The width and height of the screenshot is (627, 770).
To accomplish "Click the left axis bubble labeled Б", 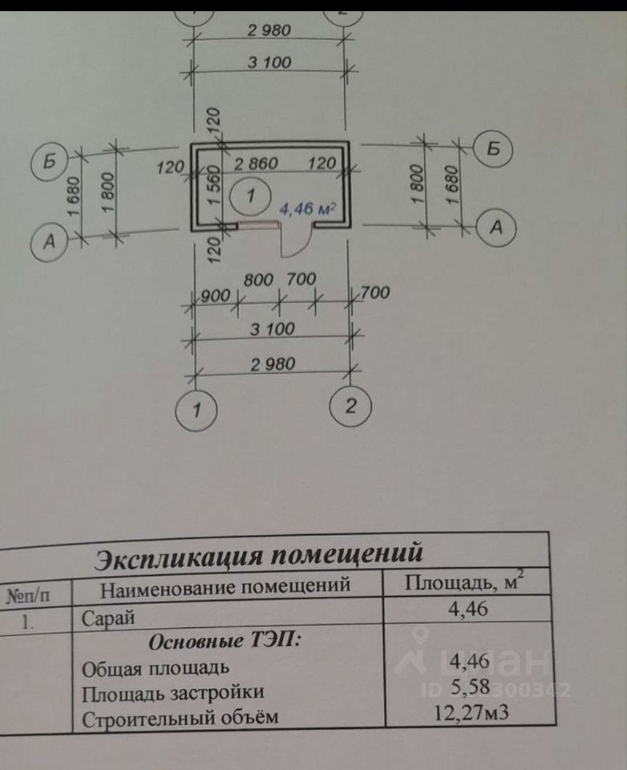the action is tap(50, 161).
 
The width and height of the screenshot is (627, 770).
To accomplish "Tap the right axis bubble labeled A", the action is tap(496, 228).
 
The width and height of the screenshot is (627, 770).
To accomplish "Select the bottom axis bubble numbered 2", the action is tap(350, 407).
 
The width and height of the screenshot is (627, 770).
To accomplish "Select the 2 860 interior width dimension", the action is tap(256, 164).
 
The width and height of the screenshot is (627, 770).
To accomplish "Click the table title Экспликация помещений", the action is tap(258, 555).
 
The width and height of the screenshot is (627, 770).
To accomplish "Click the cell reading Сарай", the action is tap(108, 618).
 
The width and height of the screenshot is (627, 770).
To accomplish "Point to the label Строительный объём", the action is tap(180, 717).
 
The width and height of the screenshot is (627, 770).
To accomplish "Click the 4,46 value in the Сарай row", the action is tap(468, 609).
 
